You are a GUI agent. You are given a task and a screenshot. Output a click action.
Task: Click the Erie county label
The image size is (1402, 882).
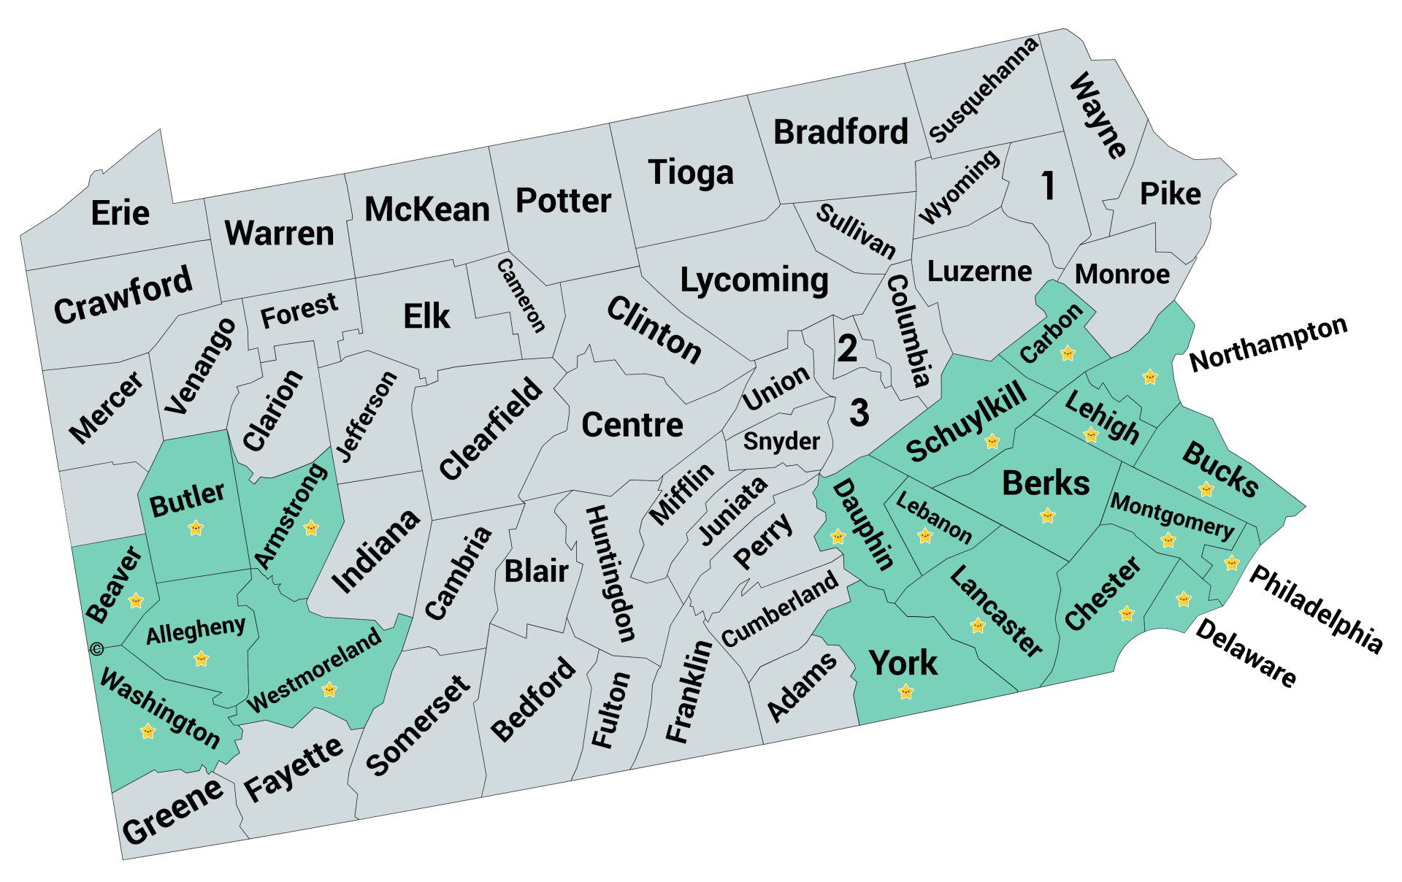[x=120, y=213]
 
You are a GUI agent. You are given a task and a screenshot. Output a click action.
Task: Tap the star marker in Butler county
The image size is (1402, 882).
[x=196, y=527]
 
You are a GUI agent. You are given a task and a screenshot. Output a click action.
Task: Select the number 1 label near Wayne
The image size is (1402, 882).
[x=1048, y=185]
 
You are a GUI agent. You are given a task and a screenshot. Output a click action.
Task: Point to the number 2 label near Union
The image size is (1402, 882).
[x=847, y=348]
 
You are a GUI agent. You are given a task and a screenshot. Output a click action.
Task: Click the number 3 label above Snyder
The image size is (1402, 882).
[x=859, y=413]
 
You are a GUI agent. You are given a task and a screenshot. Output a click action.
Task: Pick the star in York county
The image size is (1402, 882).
[x=906, y=691]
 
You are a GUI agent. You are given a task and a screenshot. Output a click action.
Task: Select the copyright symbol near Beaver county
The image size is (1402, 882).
[x=97, y=648]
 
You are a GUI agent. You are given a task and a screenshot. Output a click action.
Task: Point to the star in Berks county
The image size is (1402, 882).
[x=1048, y=516]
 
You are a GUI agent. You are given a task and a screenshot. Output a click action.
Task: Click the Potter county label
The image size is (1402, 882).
[x=563, y=201]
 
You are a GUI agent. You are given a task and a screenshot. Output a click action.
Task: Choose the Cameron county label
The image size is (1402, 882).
[x=521, y=295]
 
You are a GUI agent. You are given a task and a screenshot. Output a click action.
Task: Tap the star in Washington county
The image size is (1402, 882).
[x=148, y=731]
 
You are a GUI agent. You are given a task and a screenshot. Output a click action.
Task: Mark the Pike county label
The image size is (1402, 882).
[x=1170, y=194]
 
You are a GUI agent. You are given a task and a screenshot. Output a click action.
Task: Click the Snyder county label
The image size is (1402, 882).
[x=781, y=441]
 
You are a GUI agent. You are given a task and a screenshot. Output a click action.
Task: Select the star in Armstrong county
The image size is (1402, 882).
[x=311, y=527]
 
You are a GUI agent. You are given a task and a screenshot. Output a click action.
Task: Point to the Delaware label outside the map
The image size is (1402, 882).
[x=1246, y=652]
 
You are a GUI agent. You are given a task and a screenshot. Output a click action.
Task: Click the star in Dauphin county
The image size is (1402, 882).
[x=838, y=537]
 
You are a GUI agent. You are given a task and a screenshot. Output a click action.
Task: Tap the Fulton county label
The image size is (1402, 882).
[x=610, y=710]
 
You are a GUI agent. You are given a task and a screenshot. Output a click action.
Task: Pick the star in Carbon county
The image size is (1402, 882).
[x=1068, y=353]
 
